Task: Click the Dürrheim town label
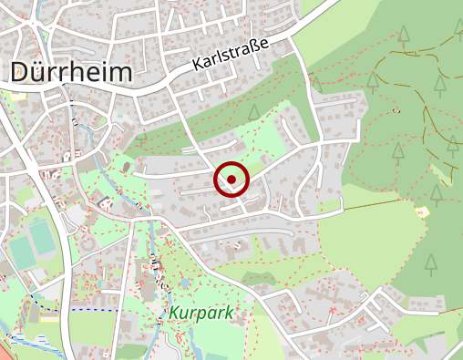[71, 72]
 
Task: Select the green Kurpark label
[201, 314]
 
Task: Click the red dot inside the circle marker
[231, 180]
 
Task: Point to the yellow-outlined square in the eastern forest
[421, 211]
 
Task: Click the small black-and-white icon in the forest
[396, 110]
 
